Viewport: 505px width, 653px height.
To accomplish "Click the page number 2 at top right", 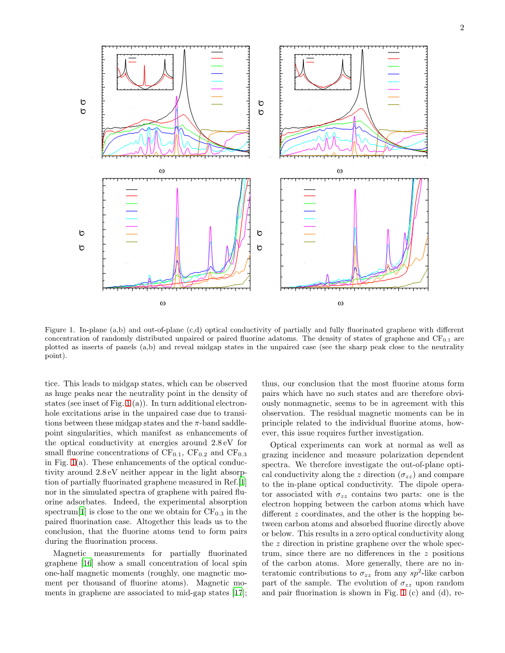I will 462,28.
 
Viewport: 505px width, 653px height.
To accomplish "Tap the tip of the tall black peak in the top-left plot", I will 185,49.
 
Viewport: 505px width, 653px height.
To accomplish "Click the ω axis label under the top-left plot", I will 161,171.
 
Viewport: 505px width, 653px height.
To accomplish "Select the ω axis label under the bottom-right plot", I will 340,303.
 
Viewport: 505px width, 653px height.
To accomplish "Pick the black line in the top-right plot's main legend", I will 394,53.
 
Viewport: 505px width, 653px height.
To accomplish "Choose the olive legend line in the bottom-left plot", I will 132,242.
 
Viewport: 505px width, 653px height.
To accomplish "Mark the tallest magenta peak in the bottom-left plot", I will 177,189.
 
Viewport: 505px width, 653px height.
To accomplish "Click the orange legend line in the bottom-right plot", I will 309,234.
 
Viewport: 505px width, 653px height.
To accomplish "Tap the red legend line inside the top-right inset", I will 310,62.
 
